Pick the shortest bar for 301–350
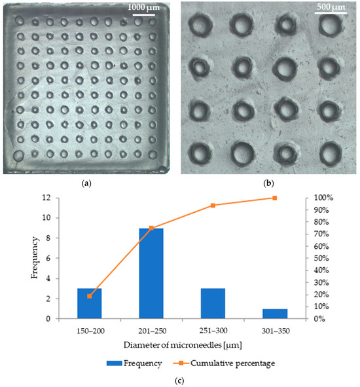coord(275,314)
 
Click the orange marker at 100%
coord(275,198)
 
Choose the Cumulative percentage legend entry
coord(234,360)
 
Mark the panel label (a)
coord(87,184)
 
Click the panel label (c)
coord(179,378)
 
